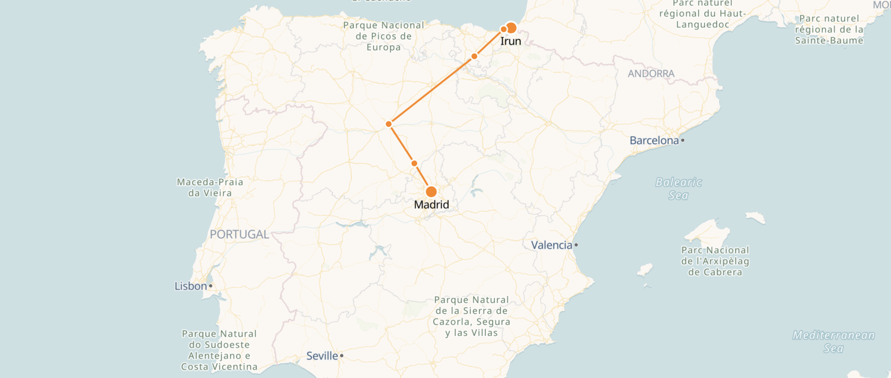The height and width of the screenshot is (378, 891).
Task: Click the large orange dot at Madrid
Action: point(431,191)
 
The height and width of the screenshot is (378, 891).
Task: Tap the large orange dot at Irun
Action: point(511,28)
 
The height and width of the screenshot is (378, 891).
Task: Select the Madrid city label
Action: point(431,205)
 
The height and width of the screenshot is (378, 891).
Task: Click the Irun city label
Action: point(511,41)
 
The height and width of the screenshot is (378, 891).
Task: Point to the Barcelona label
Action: point(654,140)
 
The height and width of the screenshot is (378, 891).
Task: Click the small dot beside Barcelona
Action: point(683,140)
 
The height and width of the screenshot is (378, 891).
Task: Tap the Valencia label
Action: point(552,245)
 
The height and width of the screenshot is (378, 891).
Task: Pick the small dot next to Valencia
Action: point(576,245)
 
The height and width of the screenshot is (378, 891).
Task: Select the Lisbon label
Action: point(190,286)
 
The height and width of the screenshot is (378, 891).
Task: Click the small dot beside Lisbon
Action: point(211,286)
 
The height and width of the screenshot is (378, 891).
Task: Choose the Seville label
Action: point(322,356)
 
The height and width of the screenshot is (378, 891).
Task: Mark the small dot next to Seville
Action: point(342,356)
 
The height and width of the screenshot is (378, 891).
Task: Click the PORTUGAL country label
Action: point(239,234)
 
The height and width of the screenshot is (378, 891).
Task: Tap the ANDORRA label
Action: point(651,74)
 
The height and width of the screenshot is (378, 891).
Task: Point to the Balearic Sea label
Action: point(678,189)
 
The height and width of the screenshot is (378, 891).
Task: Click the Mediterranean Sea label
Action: point(833,341)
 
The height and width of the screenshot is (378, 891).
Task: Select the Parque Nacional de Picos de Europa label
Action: point(383,36)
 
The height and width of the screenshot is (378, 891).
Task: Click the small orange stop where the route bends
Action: point(389,124)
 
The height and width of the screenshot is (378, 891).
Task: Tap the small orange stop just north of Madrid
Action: point(414,163)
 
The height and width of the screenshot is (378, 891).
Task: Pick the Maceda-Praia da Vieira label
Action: point(210,188)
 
